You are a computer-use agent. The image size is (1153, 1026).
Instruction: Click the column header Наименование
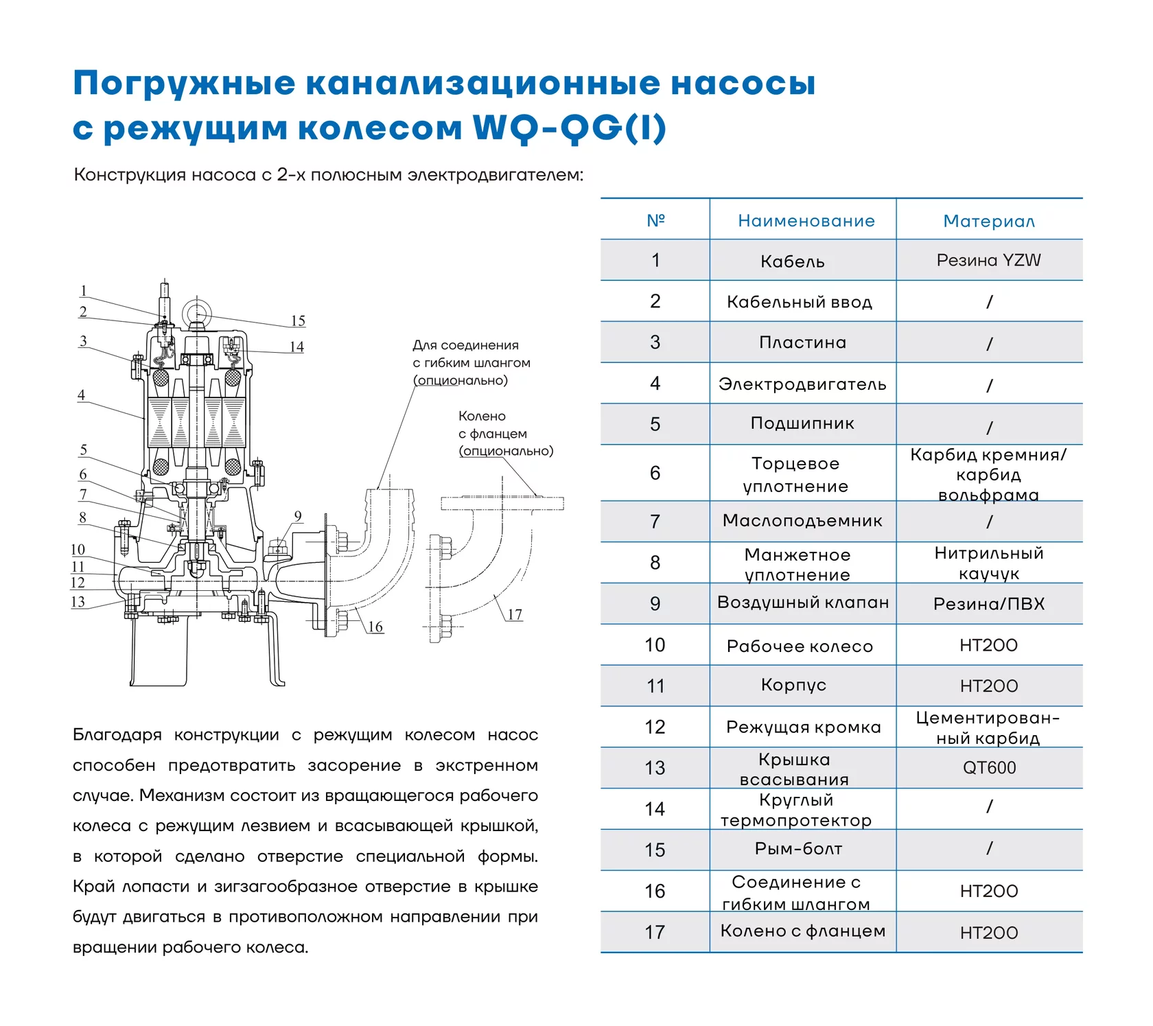[806, 221]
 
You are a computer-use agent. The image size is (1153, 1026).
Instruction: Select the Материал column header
[989, 221]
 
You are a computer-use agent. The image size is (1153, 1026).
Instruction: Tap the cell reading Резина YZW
[989, 260]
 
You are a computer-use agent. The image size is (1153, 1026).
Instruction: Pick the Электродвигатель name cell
[802, 384]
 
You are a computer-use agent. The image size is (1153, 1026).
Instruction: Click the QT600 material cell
[989, 768]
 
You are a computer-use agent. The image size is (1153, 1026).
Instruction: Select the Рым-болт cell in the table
[798, 849]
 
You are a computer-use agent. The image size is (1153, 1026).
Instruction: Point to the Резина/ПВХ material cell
[989, 604]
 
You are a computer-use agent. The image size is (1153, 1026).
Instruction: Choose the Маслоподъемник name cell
[802, 521]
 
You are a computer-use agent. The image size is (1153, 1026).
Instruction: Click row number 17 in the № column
[655, 932]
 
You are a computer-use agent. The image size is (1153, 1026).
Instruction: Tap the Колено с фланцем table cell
[802, 931]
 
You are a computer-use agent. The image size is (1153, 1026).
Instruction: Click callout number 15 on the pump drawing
[298, 320]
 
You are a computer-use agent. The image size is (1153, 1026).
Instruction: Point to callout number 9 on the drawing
[298, 516]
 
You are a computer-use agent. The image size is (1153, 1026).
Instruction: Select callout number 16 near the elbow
[375, 627]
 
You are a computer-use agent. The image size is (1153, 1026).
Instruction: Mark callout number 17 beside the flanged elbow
[515, 614]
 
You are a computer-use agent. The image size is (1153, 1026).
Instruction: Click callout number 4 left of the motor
[82, 395]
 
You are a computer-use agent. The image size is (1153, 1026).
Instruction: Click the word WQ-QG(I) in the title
[570, 128]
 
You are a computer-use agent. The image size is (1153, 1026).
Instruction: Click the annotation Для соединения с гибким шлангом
[471, 354]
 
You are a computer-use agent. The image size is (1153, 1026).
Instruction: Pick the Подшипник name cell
[802, 423]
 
